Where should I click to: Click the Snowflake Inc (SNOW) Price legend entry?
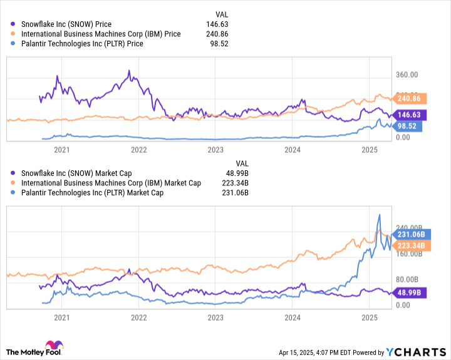[x=70, y=24]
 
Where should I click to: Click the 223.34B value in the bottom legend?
[x=236, y=183]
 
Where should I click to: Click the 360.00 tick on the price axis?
[x=407, y=75]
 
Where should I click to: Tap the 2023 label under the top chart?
[x=215, y=149]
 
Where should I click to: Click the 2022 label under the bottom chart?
[x=138, y=317]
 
